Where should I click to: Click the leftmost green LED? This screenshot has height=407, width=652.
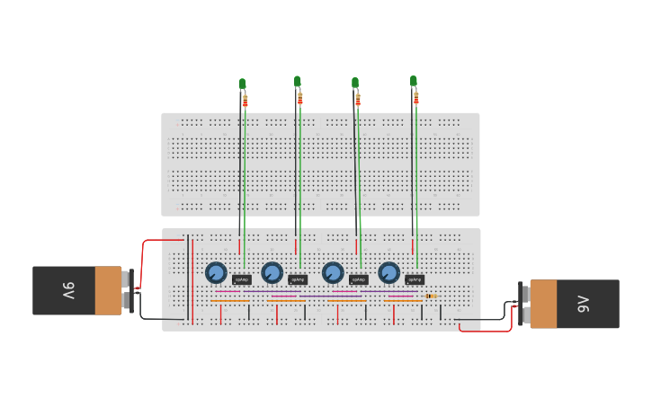242,84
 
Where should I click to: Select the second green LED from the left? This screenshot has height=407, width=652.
298,82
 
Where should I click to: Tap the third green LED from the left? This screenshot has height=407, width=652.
355,83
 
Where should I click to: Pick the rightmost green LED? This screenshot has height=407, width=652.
414,81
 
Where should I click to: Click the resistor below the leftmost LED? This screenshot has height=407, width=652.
246,101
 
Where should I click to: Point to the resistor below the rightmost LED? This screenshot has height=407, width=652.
416,98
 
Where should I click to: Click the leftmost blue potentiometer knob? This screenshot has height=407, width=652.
216,272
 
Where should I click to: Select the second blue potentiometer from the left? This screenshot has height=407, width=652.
272,272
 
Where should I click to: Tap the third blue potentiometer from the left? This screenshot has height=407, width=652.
333,272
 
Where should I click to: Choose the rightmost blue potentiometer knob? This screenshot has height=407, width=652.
389,272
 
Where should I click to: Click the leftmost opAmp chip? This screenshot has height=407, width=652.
242,279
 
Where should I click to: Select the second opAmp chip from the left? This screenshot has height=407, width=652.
298,279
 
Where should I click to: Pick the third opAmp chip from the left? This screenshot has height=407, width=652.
358,279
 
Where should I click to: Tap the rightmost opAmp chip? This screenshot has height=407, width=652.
414,279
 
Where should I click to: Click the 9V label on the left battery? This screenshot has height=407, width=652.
68,290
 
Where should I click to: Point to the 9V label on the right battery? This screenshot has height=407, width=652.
583,305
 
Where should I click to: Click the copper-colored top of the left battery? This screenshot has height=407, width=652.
108,290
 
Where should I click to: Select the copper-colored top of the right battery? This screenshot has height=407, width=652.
543,305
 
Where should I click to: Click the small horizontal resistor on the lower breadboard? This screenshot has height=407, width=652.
431,296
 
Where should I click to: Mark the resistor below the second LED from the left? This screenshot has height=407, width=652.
300,99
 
